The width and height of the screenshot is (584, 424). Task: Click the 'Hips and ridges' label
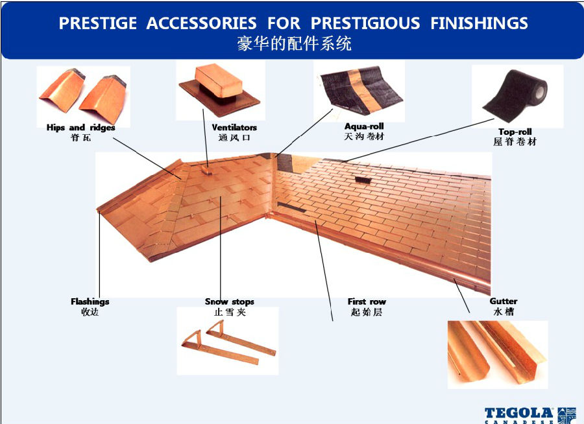click(x=81, y=127)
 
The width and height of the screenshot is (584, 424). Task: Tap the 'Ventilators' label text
click(x=234, y=127)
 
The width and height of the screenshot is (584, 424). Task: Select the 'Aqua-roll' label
click(x=364, y=126)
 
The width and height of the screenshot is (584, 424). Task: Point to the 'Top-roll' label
click(x=515, y=132)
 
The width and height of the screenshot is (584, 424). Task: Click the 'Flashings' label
click(x=90, y=301)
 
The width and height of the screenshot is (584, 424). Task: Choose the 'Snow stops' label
click(x=230, y=301)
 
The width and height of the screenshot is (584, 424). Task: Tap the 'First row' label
click(x=367, y=301)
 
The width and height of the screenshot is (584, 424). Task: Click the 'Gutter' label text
click(x=504, y=301)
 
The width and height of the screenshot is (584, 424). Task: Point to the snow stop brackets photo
click(x=228, y=342)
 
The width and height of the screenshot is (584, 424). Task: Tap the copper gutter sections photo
click(x=497, y=353)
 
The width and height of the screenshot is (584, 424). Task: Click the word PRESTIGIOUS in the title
click(x=365, y=23)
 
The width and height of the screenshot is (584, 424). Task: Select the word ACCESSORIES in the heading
click(x=202, y=23)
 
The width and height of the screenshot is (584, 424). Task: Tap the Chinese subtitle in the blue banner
click(x=294, y=43)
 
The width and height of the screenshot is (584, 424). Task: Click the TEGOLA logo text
click(x=519, y=413)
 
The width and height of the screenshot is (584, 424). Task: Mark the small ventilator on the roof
click(x=206, y=170)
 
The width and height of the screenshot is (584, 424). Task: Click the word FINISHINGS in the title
click(x=480, y=23)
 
